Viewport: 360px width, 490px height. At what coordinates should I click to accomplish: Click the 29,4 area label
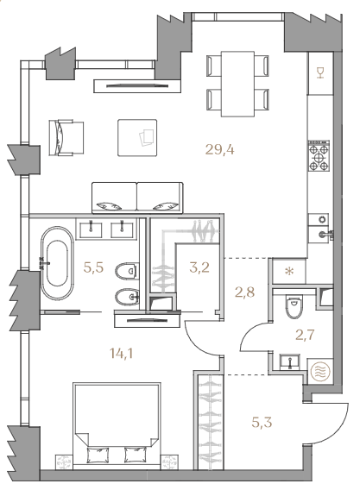click(x=220, y=150)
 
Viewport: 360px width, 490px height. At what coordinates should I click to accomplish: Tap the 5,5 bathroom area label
click(x=93, y=267)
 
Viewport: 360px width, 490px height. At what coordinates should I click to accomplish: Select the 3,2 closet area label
click(x=199, y=267)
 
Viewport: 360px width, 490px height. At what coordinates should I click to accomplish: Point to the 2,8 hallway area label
click(x=244, y=292)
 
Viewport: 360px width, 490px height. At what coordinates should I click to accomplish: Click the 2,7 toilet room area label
click(x=305, y=335)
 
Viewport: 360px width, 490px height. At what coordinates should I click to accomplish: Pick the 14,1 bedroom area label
click(x=122, y=354)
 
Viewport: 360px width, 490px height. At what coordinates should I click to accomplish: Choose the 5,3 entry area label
click(x=262, y=423)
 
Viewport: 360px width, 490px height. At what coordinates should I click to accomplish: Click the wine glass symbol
click(x=320, y=72)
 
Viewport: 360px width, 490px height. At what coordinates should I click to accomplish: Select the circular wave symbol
click(x=320, y=372)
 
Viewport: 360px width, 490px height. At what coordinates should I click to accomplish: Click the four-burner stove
click(x=319, y=156)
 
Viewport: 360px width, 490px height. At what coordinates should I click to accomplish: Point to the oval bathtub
click(x=57, y=263)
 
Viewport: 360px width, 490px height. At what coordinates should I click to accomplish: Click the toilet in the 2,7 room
click(x=294, y=307)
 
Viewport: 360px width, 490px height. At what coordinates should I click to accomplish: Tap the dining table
click(x=237, y=84)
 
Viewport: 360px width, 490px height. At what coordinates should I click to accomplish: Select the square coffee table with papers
click(x=137, y=137)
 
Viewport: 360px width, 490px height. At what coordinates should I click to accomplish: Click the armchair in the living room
click(x=66, y=137)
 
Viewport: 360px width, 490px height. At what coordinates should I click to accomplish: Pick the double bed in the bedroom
click(x=117, y=426)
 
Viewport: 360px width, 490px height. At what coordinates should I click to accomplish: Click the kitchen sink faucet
click(x=325, y=234)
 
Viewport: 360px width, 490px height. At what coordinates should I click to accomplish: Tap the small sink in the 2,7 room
click(x=290, y=362)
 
